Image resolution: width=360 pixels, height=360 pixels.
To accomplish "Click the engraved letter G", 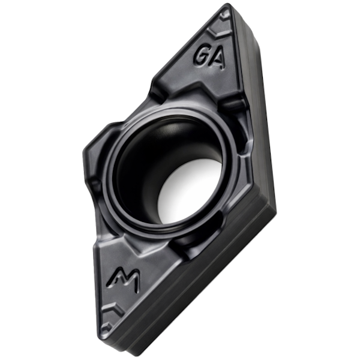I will pyautogui.click(x=202, y=55).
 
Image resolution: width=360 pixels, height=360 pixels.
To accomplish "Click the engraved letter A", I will pyautogui.click(x=217, y=59).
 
